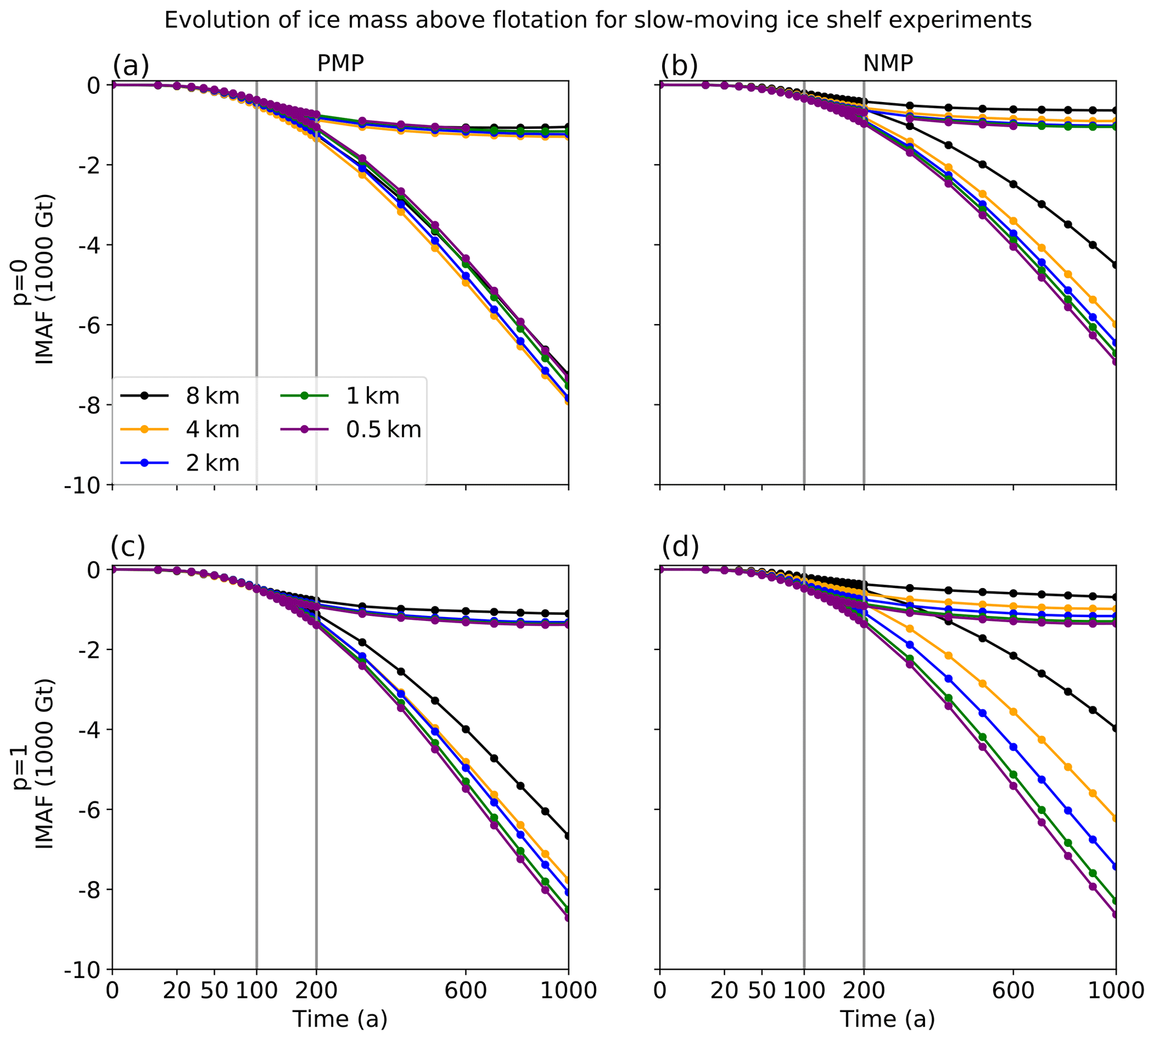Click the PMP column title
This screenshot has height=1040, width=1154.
click(340, 64)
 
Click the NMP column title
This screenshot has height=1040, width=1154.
click(888, 64)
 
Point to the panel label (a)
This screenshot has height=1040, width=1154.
click(131, 66)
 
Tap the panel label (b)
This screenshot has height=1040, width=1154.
click(679, 66)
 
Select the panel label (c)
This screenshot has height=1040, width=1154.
click(128, 547)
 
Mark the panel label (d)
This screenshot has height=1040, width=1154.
click(680, 547)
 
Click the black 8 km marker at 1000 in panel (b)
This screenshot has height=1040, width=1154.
click(1115, 265)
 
